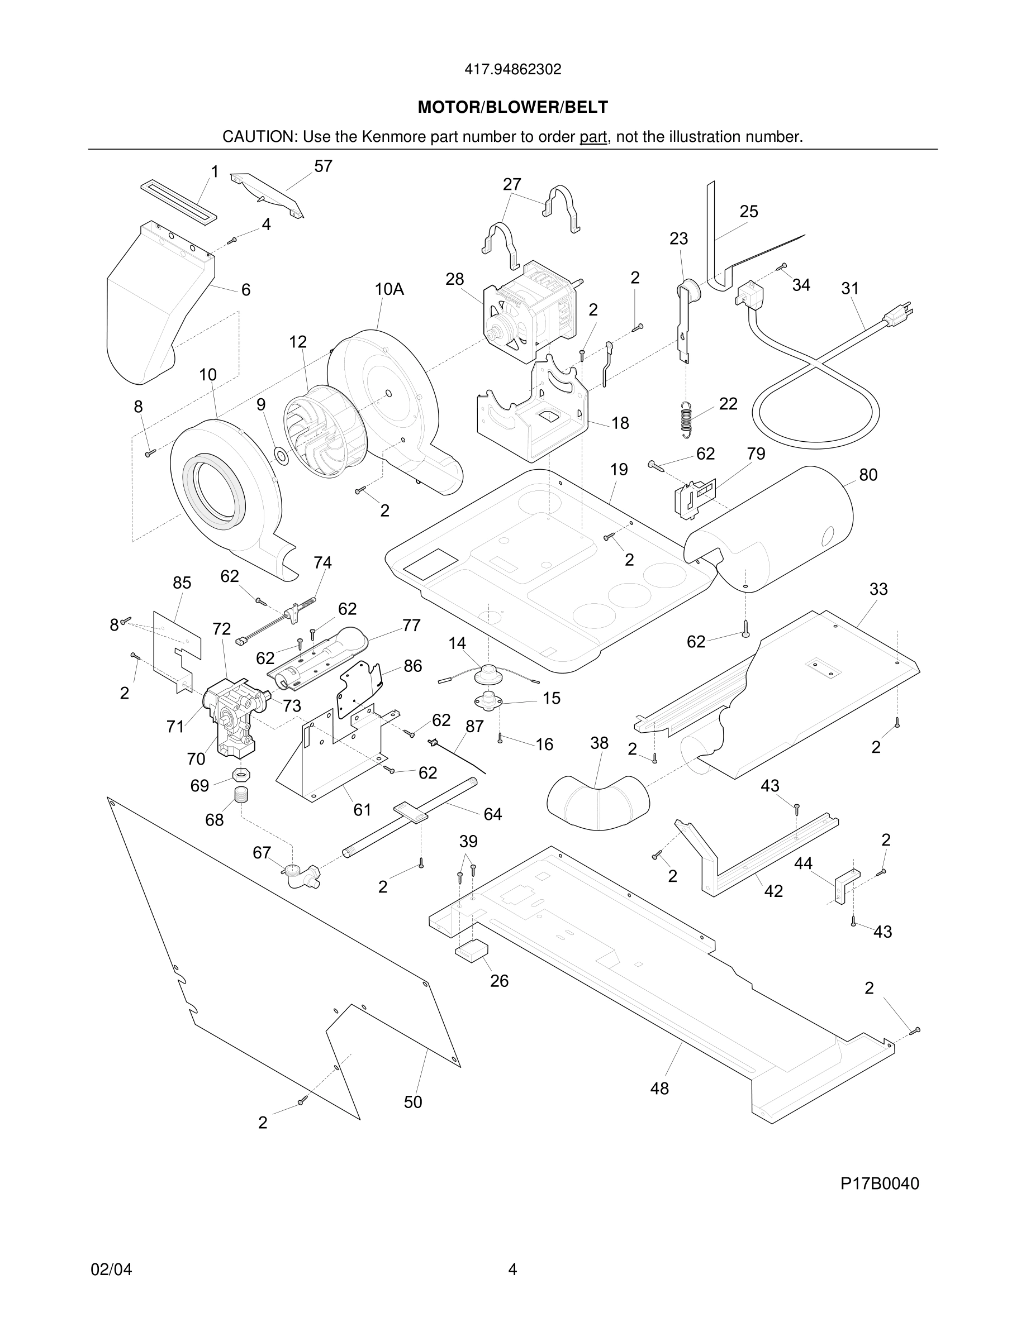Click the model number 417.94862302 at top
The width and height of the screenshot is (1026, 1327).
click(x=512, y=70)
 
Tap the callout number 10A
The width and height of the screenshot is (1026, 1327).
click(x=389, y=289)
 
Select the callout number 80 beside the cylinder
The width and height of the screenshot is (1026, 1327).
click(x=868, y=475)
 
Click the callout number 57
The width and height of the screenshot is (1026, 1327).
click(x=323, y=166)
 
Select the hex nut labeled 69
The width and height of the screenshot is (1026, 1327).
click(x=241, y=775)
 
